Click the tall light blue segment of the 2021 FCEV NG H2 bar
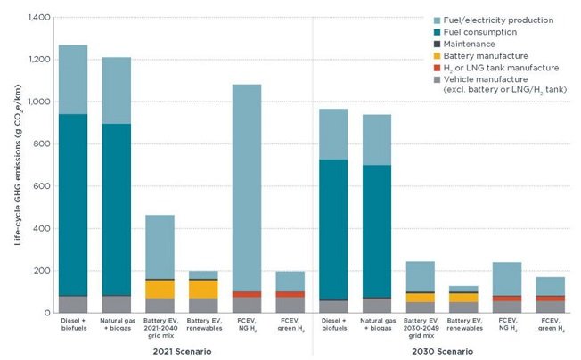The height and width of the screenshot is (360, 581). click(247, 187)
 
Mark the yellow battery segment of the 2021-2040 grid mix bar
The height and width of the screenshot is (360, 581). click(160, 289)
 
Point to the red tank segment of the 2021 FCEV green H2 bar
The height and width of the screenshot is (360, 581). click(290, 294)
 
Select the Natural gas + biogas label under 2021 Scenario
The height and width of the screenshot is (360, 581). click(117, 324)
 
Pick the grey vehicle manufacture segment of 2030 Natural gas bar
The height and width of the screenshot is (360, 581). click(378, 306)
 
